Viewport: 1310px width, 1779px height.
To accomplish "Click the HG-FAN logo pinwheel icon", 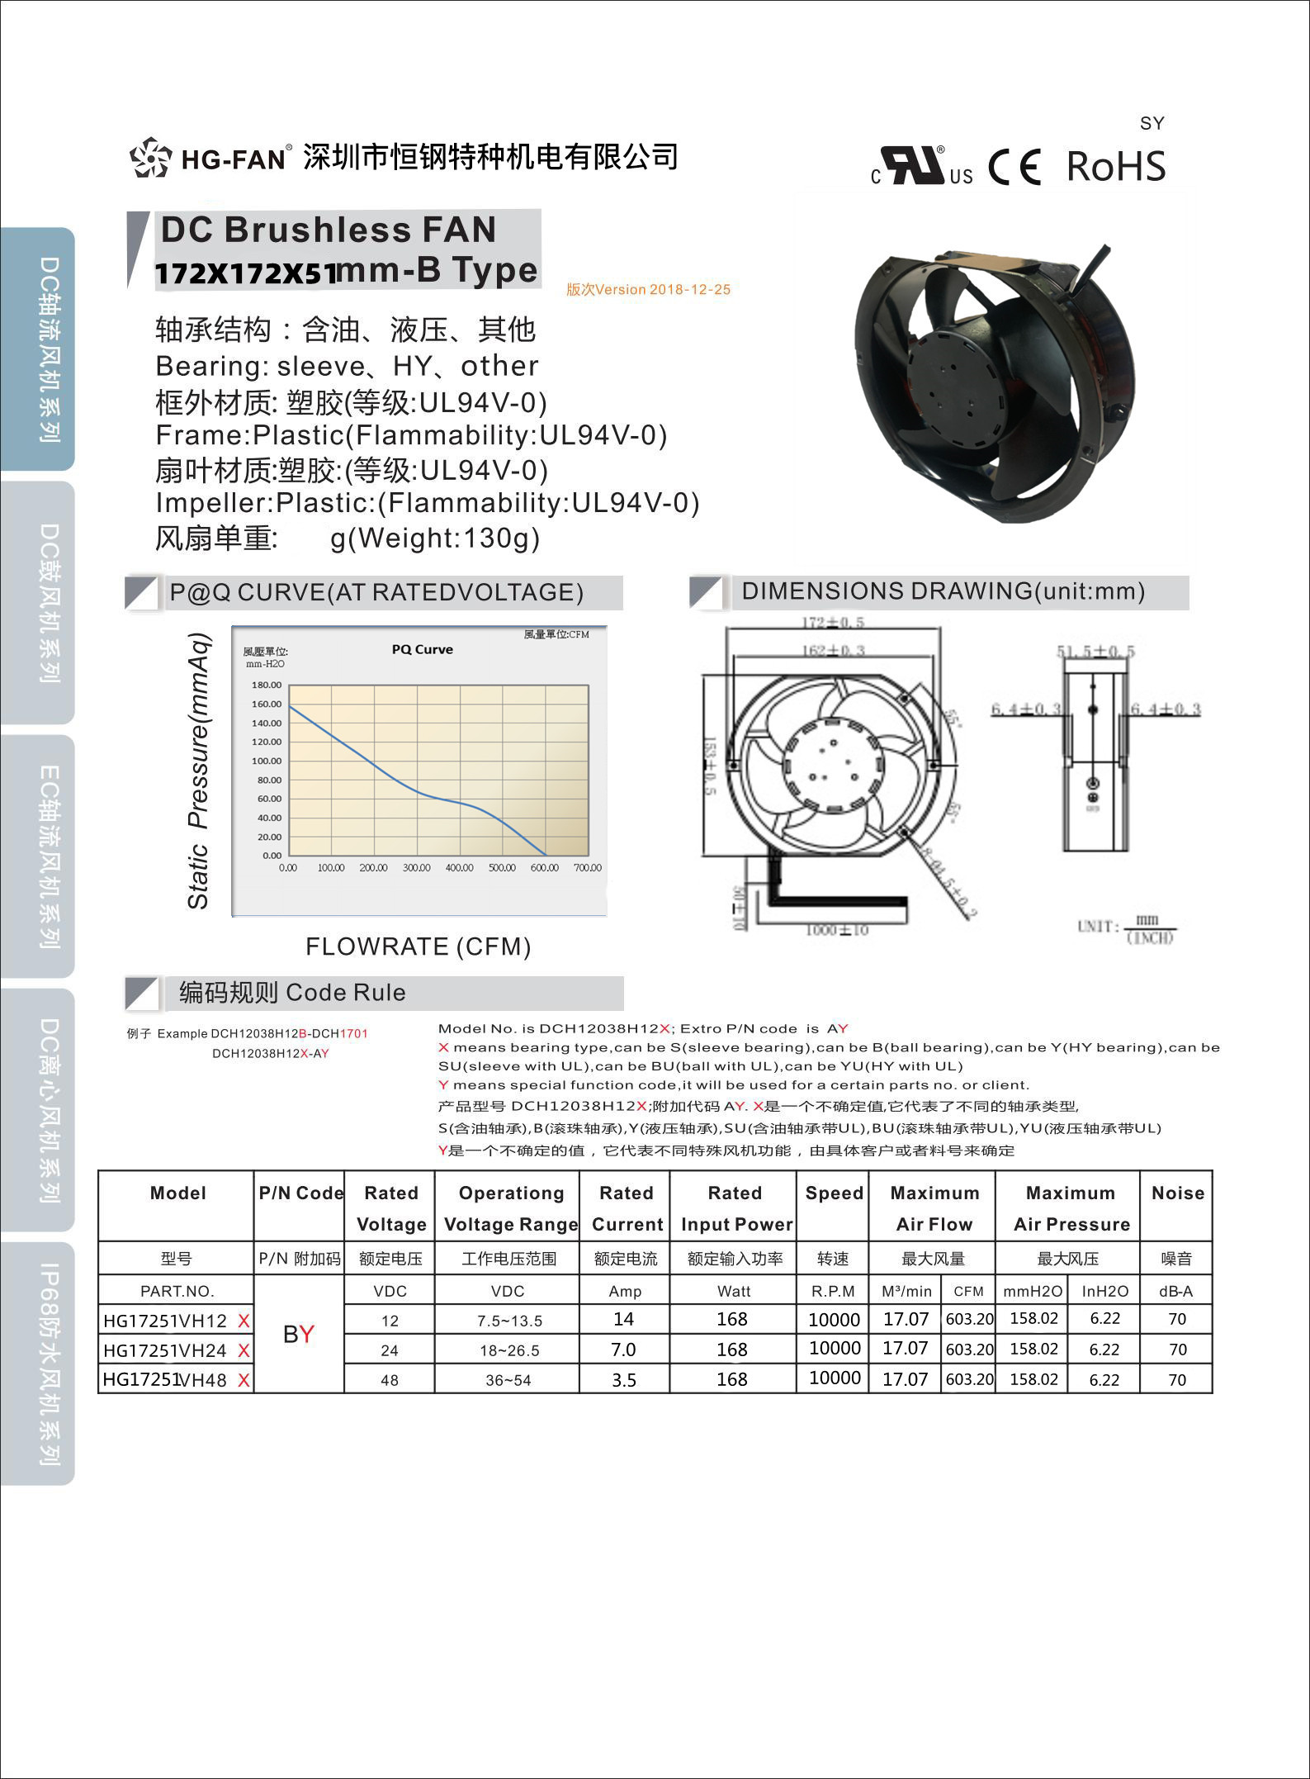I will point(150,157).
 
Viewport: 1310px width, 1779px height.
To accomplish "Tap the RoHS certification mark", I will point(1116,166).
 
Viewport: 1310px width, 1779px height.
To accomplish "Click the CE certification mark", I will point(1015,167).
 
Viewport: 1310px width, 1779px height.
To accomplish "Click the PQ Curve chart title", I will point(422,649).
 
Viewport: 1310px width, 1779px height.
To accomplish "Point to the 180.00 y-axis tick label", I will point(267,685).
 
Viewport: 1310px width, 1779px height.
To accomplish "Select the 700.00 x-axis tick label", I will point(588,868).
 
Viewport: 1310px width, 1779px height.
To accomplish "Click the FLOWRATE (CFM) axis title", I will point(418,946).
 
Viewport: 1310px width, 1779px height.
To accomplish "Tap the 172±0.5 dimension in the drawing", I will point(833,622).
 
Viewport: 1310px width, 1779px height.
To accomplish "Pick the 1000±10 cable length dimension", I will point(836,931).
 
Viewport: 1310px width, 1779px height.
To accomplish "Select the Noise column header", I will point(1177,1193).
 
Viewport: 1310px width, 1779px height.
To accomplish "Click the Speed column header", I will point(834,1193).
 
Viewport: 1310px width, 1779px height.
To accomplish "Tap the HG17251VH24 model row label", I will point(165,1350).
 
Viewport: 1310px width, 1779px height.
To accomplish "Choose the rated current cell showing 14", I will point(624,1319).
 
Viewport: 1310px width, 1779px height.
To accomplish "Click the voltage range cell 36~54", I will point(508,1380).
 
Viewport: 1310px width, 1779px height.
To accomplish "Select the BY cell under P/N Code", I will point(299,1334).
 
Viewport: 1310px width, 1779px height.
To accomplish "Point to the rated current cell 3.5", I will point(624,1380).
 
